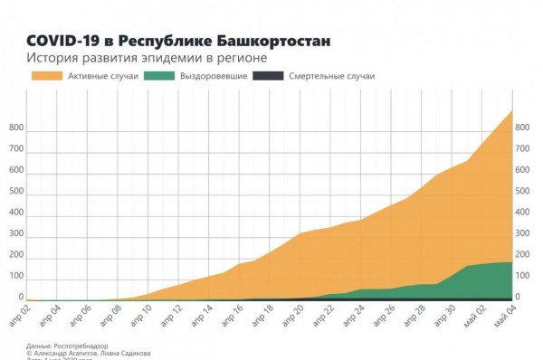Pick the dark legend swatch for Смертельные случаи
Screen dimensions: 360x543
pos(271,76)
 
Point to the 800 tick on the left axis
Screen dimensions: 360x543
pos(16,128)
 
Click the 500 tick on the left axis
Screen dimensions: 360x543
pos(16,192)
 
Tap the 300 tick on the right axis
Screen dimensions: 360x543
pos(522,234)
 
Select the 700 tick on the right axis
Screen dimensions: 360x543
pos(522,149)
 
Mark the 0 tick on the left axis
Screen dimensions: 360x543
pos(21,297)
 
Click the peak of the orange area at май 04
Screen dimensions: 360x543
pos(511,111)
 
